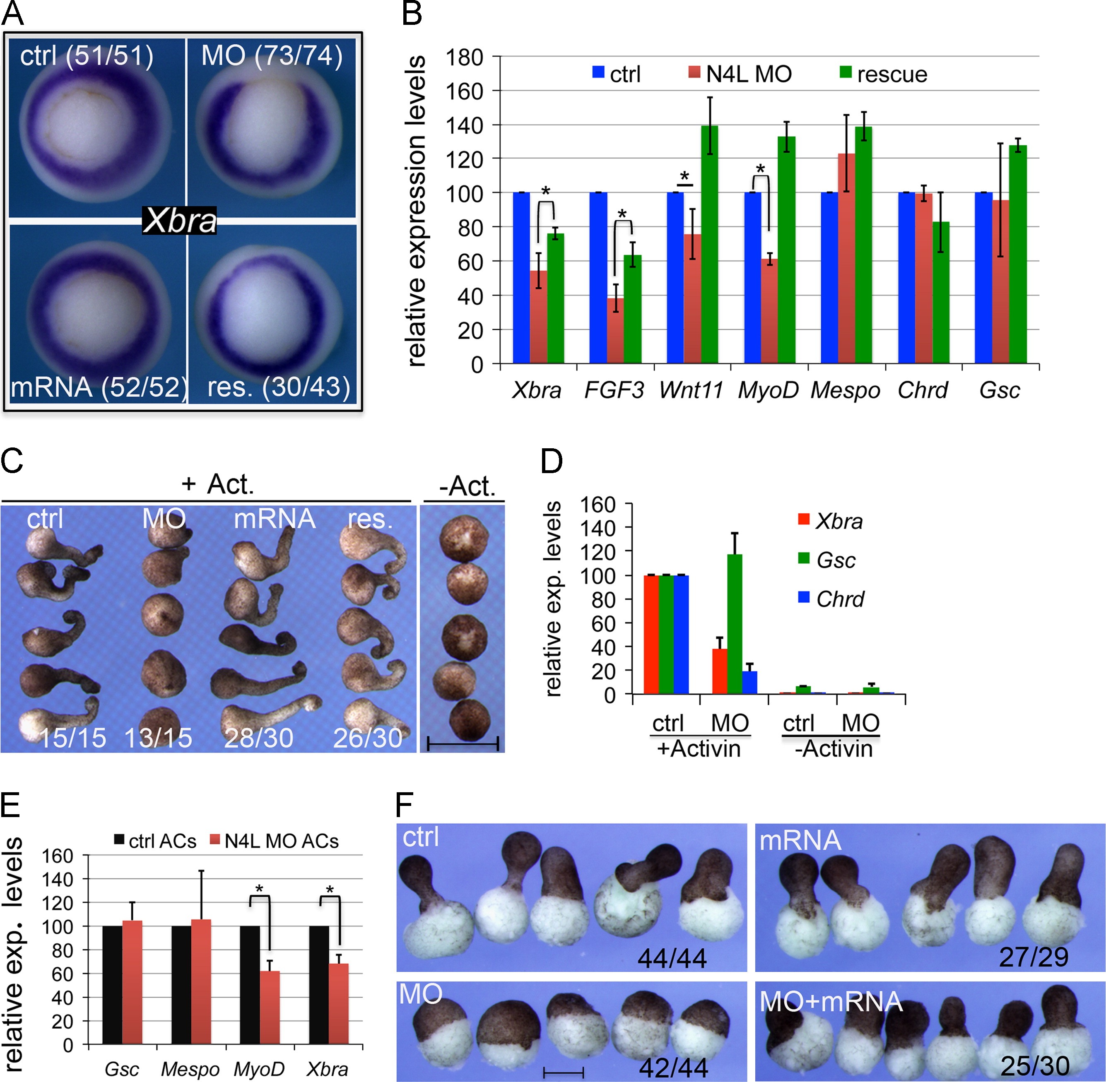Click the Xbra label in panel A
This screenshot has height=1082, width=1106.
tap(180, 221)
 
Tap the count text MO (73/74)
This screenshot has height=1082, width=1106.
tap(272, 56)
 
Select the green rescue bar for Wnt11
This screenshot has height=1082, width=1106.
tap(709, 244)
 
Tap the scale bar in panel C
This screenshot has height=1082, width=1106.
tap(463, 743)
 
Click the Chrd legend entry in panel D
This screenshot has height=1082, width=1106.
tap(831, 599)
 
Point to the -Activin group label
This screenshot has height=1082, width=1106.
tap(833, 749)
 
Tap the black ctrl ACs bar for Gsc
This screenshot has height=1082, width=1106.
tap(111, 985)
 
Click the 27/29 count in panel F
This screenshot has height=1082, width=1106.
tap(1033, 957)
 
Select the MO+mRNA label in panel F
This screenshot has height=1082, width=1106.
tap(831, 1001)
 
